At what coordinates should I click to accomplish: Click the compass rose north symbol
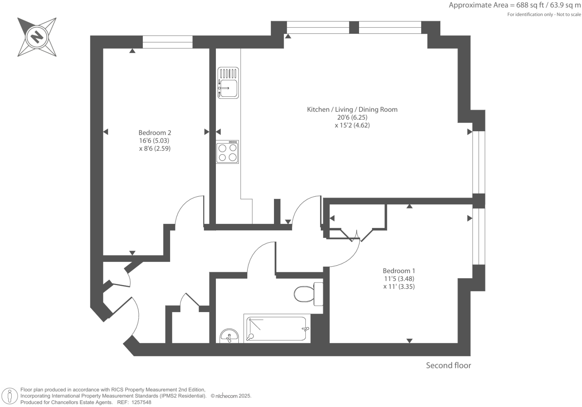37,37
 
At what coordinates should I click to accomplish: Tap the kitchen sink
228,83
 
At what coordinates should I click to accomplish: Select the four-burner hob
227,152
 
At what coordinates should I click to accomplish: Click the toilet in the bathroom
308,293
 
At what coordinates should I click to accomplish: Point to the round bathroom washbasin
229,336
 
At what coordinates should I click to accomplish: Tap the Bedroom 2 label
155,132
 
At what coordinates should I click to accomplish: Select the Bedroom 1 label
399,270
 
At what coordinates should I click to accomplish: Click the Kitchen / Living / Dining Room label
352,110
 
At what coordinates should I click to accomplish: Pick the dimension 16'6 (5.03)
154,141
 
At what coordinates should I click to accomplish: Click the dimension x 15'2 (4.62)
352,125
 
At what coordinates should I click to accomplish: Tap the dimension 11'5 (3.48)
399,279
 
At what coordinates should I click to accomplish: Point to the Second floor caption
448,365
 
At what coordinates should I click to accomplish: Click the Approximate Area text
515,5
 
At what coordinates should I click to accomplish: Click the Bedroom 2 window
168,42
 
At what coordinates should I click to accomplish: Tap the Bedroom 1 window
479,236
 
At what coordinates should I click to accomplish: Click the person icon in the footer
10,396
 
